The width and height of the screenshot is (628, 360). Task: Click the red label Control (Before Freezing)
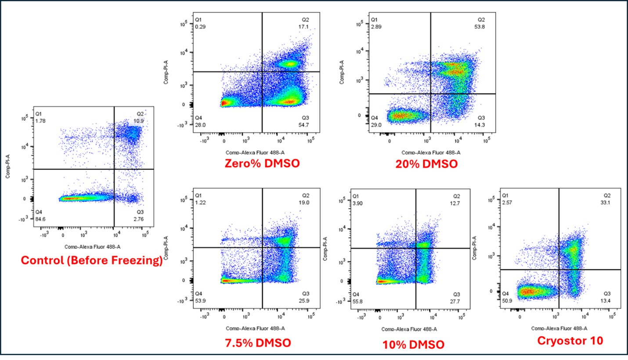pyautogui.click(x=91, y=261)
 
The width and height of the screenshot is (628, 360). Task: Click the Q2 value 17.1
pyautogui.click(x=310, y=26)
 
